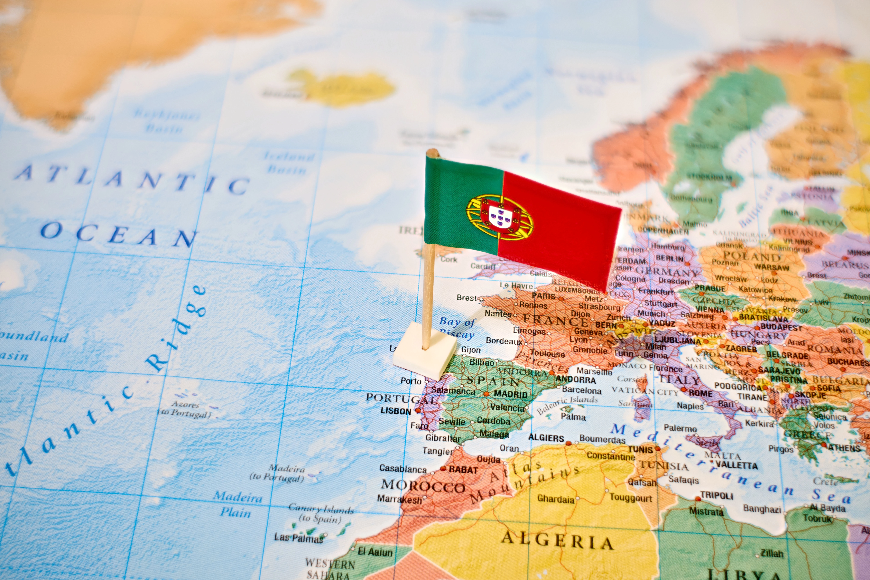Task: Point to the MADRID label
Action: point(510,394)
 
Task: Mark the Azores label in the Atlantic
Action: point(185,404)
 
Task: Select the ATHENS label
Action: point(844,448)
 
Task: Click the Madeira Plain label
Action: point(237,504)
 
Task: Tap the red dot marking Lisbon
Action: point(418,410)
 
